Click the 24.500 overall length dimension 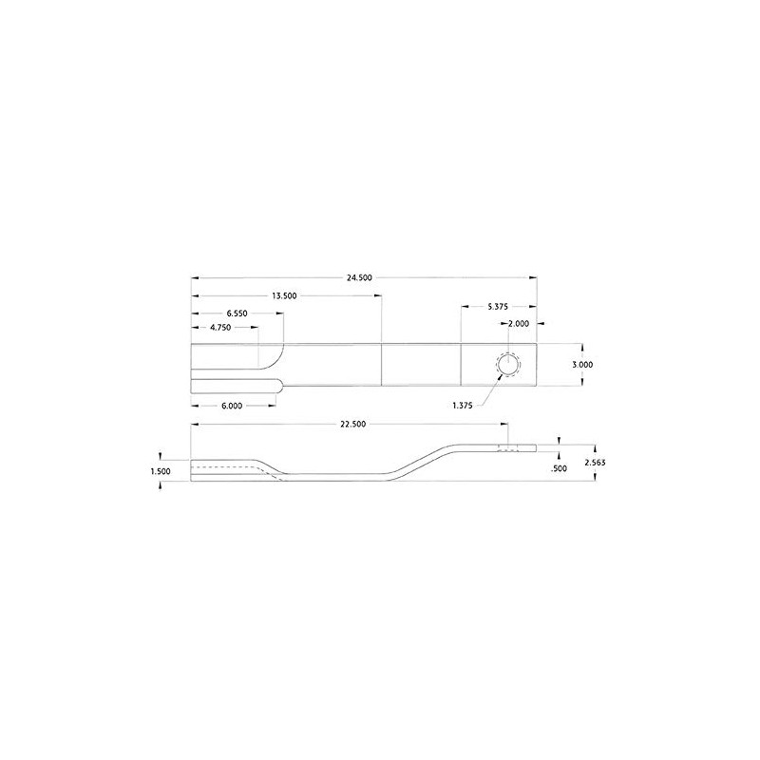(359, 277)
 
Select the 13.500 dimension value (284, 295)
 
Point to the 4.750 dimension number (219, 328)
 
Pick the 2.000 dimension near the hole (519, 324)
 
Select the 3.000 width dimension (584, 365)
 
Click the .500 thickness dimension (559, 469)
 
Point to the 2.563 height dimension (596, 462)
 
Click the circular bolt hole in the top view (506, 365)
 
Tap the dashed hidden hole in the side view (510, 449)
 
